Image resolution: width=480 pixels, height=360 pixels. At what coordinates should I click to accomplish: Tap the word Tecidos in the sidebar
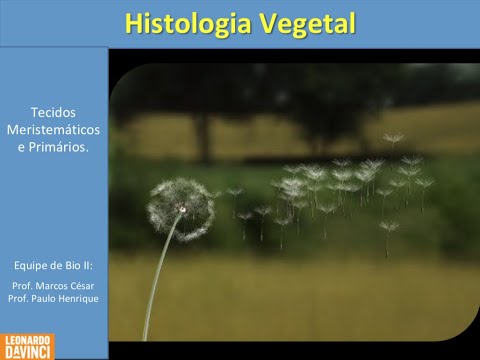coord(54,113)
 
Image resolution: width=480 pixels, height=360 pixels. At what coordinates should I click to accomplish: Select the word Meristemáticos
coord(54,130)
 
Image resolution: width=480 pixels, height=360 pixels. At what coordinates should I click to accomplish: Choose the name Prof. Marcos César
coord(53,285)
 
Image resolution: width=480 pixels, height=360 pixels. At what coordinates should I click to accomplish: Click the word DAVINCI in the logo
coord(28,352)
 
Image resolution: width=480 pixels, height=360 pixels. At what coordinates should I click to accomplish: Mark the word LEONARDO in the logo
coord(28,340)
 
